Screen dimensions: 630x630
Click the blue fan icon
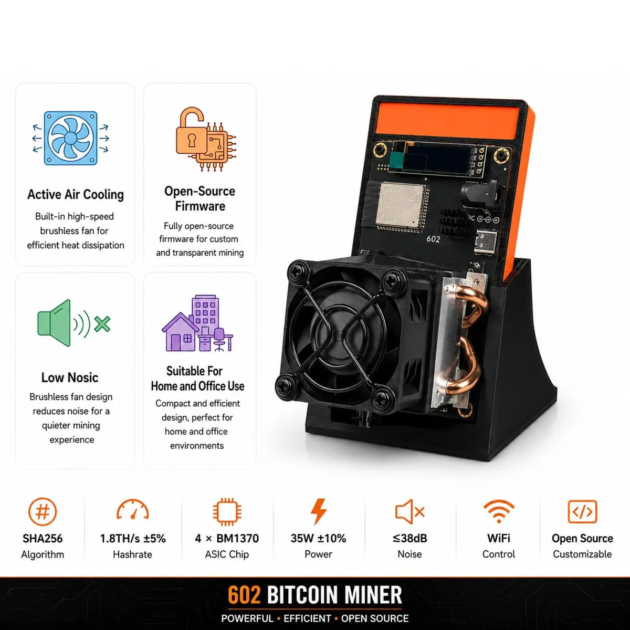[x=70, y=138]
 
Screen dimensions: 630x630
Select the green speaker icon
[x=73, y=323]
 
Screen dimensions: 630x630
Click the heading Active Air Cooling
[x=76, y=195]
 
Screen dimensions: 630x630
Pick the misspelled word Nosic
[x=83, y=377]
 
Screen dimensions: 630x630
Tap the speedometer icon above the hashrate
[x=133, y=509]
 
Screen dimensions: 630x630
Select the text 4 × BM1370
[x=227, y=539]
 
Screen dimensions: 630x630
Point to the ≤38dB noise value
[x=409, y=539]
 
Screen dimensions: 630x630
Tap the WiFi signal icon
[x=499, y=511]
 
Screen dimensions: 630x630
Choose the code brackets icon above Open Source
[x=582, y=511]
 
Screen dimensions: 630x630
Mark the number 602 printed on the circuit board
[x=433, y=239]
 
